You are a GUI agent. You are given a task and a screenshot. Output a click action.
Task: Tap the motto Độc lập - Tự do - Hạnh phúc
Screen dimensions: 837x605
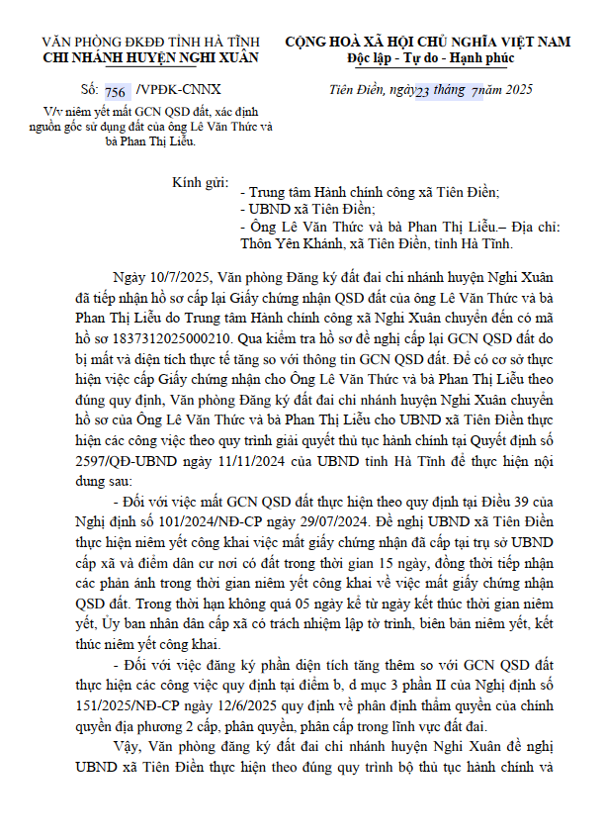pos(428,58)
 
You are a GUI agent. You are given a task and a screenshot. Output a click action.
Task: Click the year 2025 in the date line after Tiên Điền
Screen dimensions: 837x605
pos(514,89)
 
